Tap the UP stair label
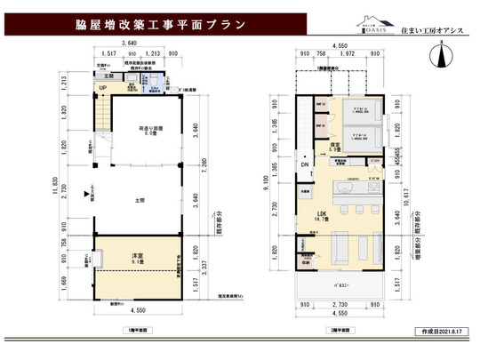103,88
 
